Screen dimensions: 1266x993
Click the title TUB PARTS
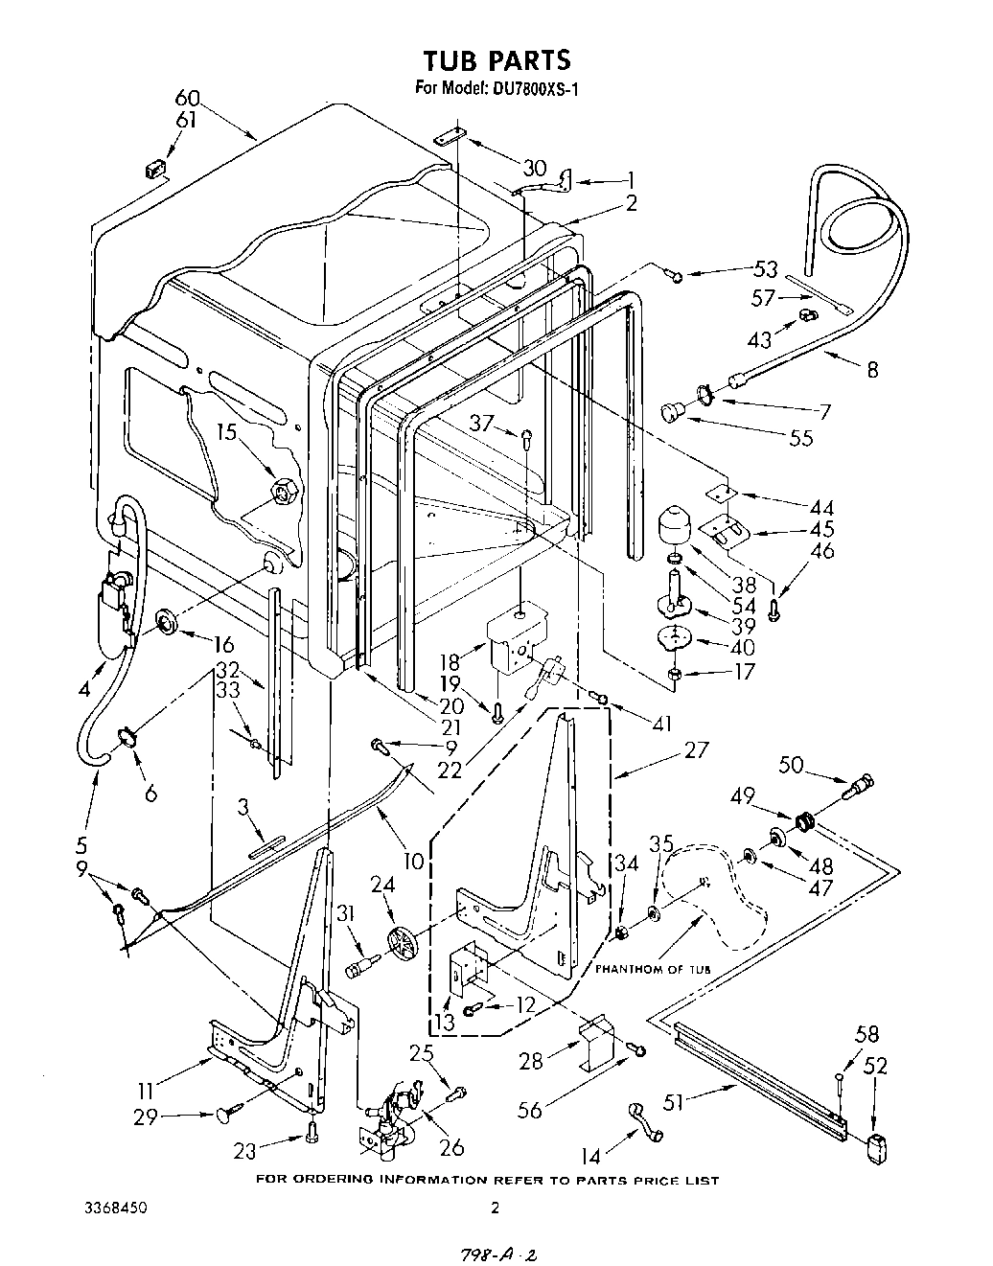tap(496, 59)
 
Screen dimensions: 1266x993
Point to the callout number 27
tap(697, 748)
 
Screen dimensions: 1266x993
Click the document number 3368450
tap(113, 1208)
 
